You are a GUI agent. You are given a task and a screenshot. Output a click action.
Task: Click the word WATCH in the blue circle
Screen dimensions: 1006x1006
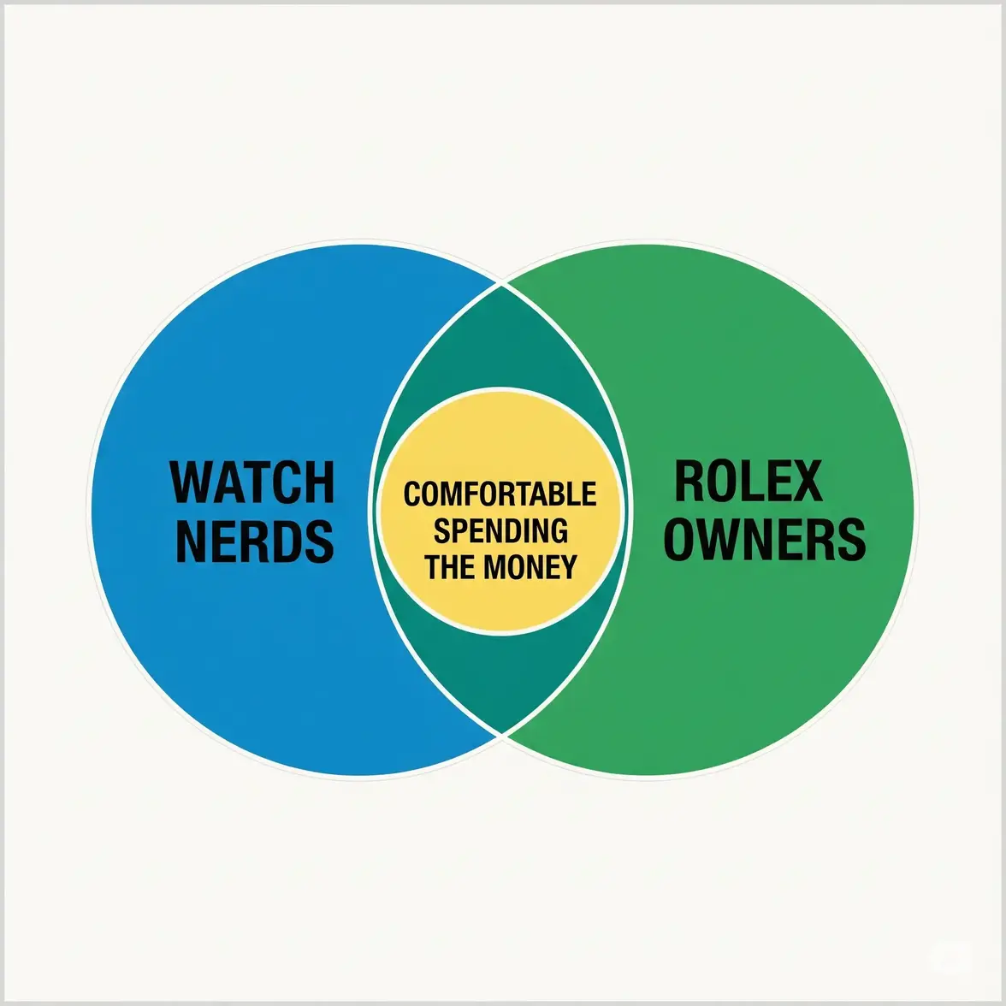253,483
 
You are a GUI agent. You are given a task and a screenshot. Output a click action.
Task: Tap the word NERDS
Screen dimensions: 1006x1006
255,541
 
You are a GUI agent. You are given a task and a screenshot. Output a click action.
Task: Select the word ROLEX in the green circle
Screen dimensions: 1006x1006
749,481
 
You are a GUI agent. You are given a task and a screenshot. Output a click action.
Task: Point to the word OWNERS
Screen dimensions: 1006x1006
765,539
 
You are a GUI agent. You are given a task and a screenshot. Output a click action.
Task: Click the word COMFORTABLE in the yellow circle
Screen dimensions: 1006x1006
500,494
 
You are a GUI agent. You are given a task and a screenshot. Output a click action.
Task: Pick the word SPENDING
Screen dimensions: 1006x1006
500,530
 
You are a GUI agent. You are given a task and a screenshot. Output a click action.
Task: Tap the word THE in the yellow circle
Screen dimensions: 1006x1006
452,566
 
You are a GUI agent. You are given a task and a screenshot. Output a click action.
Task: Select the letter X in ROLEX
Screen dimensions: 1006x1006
806,481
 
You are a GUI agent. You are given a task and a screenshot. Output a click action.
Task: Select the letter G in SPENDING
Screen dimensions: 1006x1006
559,530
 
